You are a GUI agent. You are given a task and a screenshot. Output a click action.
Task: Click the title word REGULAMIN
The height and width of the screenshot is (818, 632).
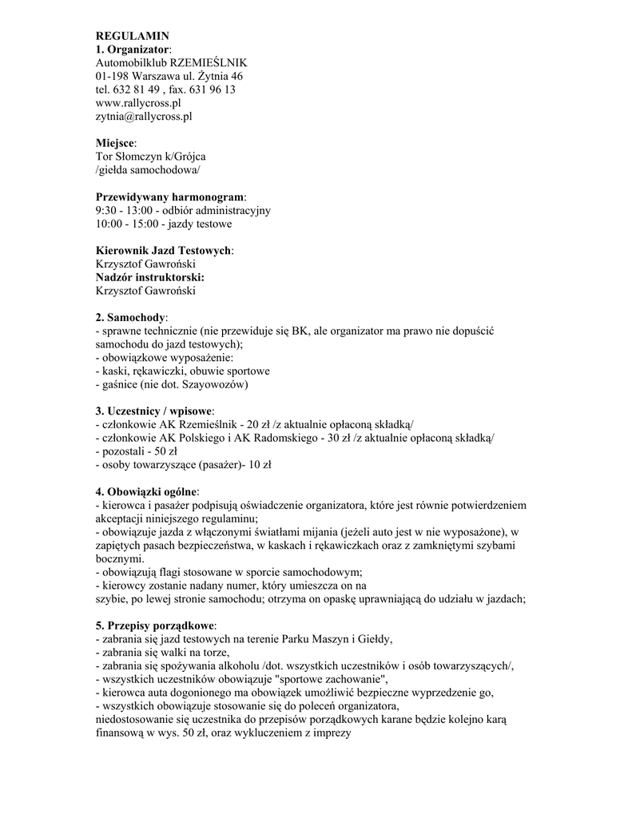pos(133,36)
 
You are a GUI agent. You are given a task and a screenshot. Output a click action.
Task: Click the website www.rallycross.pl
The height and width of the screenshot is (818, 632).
pos(138,103)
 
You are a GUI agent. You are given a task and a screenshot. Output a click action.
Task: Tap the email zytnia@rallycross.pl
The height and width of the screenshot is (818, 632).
pos(144,117)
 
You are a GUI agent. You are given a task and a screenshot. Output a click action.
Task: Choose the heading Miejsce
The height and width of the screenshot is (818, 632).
pos(115,143)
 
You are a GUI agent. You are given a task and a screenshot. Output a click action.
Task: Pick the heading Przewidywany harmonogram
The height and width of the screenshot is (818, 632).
pos(170,197)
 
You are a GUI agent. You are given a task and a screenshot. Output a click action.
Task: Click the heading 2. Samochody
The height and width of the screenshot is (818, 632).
pos(130,317)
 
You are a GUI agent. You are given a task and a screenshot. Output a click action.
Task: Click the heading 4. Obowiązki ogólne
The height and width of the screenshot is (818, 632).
pos(146,491)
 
